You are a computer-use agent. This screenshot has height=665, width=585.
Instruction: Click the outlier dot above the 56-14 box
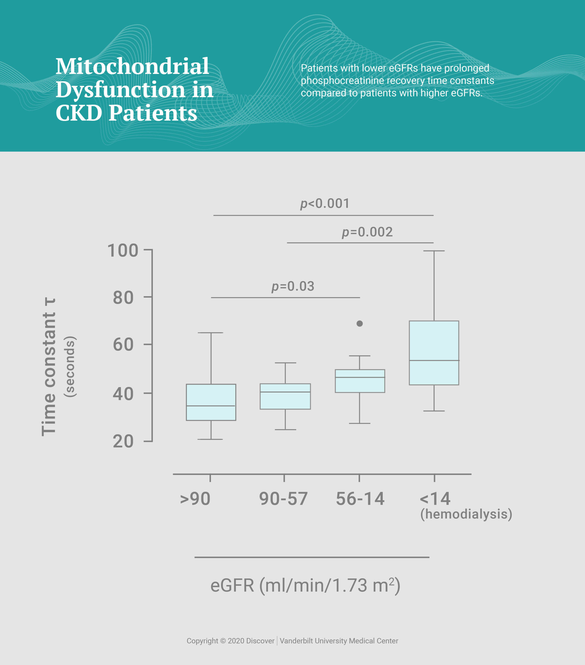[359, 323]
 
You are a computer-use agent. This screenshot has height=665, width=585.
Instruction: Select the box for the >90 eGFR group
[211, 402]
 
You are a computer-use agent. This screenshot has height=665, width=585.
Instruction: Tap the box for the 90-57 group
[285, 396]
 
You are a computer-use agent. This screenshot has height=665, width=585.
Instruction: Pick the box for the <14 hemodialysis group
[434, 353]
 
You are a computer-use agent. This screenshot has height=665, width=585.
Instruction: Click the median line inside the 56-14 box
[360, 377]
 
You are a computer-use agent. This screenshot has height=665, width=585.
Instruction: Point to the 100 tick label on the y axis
[123, 251]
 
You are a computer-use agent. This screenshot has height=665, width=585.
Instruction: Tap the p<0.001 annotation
[325, 204]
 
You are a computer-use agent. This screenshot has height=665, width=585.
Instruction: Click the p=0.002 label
[367, 232]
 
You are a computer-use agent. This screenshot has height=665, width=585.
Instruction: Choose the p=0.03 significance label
[293, 286]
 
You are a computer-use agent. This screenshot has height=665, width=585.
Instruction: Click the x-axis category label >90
[195, 499]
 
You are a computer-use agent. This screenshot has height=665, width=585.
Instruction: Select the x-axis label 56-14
[360, 499]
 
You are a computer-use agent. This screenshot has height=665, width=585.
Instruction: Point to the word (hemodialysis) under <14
[466, 514]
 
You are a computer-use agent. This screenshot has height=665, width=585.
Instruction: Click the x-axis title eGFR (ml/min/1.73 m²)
[305, 585]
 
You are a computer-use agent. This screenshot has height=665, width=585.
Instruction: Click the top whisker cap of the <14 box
[434, 251]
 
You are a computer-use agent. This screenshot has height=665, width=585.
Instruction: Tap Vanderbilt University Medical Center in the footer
[339, 641]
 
